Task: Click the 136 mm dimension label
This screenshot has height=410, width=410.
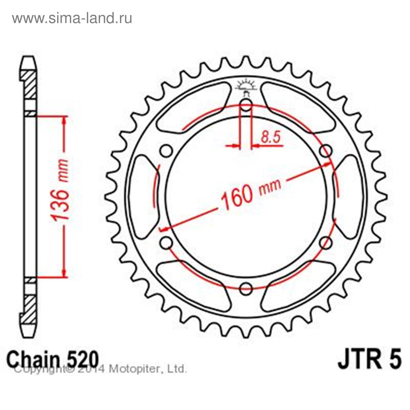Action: tap(60, 190)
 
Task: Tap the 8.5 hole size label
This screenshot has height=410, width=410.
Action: tap(270, 138)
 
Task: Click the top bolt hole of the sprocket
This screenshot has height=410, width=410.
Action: tap(246, 105)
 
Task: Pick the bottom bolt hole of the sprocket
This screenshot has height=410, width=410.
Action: tap(246, 289)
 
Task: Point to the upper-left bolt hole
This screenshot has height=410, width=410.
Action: tap(167, 151)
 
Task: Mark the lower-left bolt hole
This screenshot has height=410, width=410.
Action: tap(167, 243)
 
